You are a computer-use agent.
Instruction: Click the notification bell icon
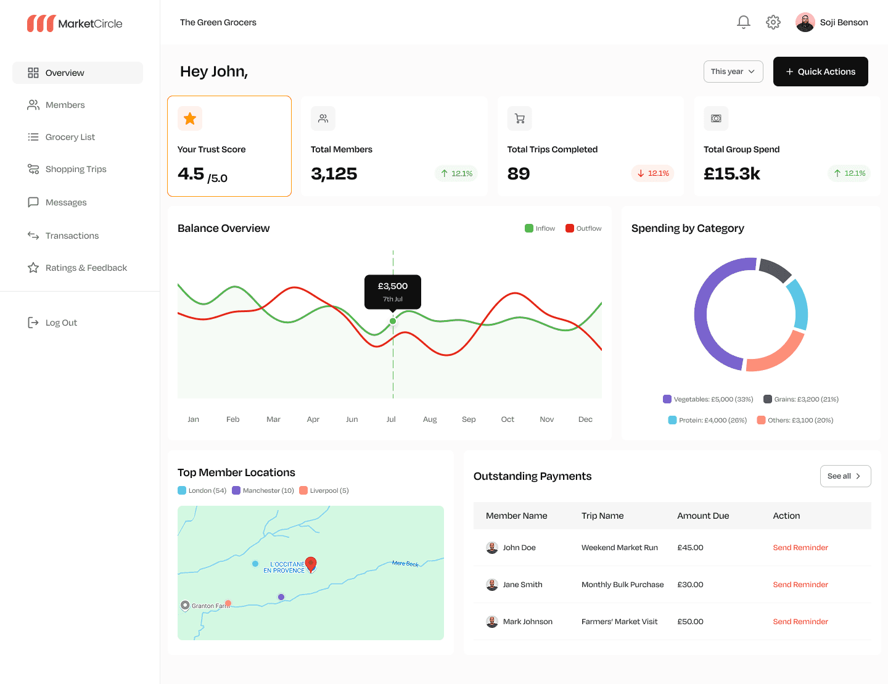tap(743, 22)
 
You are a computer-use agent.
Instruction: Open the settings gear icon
tap(772, 22)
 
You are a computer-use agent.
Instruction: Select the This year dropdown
tap(733, 72)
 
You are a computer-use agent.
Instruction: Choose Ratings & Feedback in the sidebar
tap(77, 268)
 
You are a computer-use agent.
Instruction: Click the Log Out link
tap(52, 323)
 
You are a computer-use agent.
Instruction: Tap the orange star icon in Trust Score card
tap(189, 118)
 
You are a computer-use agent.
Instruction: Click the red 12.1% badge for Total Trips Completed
tap(652, 173)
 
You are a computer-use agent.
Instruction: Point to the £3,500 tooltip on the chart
tap(392, 292)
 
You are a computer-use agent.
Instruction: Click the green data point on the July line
tap(392, 321)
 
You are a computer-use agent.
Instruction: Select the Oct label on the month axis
tap(507, 419)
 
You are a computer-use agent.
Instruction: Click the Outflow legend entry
tap(583, 228)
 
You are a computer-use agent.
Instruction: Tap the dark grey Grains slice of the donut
tap(774, 269)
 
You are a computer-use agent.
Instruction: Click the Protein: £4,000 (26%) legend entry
tap(707, 420)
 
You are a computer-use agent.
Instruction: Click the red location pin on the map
tap(311, 564)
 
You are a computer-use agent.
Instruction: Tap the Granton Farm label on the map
tap(210, 606)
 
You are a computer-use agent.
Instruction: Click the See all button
tap(845, 476)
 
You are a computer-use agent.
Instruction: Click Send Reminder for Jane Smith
tap(800, 584)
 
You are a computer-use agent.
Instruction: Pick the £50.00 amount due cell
tap(690, 622)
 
